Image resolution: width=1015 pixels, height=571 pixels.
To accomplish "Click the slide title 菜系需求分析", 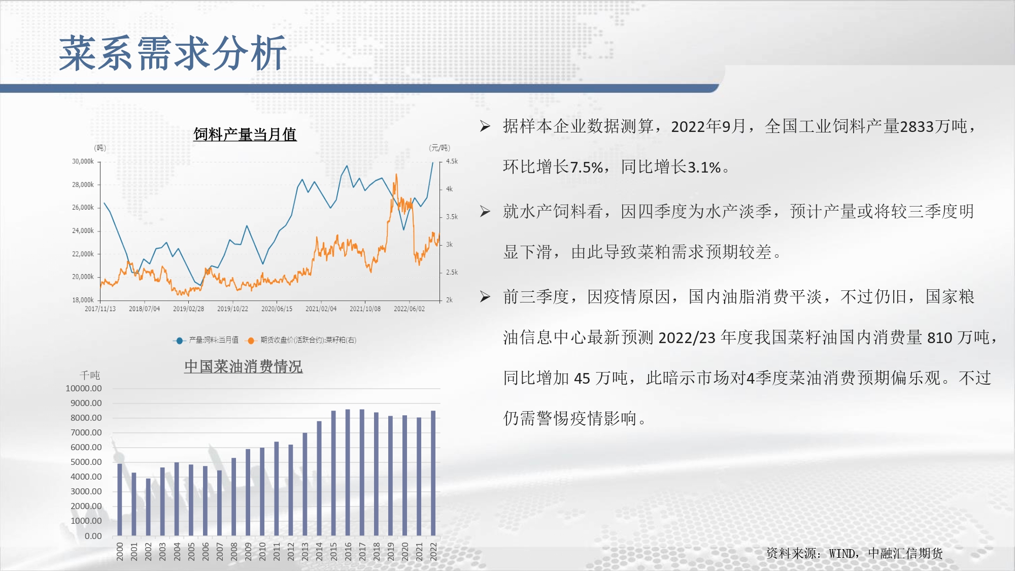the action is pos(173,53).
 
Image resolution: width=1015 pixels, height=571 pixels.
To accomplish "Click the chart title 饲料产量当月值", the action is pos(245,135).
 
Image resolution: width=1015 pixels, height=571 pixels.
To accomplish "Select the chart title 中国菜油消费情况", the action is pos(244,366).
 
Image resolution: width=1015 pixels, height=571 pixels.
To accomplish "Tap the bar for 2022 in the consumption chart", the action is pos(433,473).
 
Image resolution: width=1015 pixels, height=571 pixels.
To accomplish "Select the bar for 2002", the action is pos(148,507).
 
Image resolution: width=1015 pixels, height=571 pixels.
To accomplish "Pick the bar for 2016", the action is pos(348,473).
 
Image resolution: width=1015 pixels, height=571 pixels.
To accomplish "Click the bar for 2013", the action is pos(305,484).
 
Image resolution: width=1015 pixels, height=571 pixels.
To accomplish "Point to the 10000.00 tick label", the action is pos(84,388).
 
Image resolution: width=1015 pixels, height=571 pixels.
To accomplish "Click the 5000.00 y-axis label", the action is pos(86,462).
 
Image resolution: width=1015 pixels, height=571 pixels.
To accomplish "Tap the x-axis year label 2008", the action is pos(234,551).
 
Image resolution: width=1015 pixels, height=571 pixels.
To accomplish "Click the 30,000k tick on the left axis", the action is pos(83,161).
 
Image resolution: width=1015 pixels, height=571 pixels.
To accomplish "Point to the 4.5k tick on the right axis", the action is pos(452,161).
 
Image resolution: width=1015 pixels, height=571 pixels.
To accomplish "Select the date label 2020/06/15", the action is pos(277,309).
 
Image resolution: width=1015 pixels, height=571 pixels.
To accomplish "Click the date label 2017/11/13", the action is pos(100,309).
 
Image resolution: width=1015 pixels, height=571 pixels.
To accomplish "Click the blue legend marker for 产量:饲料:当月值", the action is pos(179,341).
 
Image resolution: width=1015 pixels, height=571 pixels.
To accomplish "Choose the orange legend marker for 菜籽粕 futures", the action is pos(251,341).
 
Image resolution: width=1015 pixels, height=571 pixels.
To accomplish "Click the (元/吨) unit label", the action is pos(439,148).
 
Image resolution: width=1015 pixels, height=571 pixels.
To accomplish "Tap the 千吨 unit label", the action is pos(90,375).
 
